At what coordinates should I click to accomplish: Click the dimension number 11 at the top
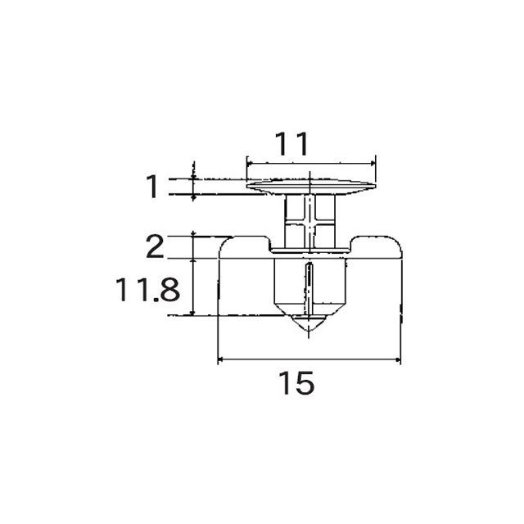click(291, 144)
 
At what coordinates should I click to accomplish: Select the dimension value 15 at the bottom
click(296, 382)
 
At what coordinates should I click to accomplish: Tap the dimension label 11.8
click(147, 290)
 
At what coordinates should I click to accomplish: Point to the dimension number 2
click(155, 246)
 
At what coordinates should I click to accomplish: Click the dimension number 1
click(152, 186)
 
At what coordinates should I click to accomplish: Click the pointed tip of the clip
click(309, 331)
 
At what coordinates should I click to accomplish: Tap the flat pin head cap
click(311, 187)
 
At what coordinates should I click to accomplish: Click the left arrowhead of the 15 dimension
click(220, 359)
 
